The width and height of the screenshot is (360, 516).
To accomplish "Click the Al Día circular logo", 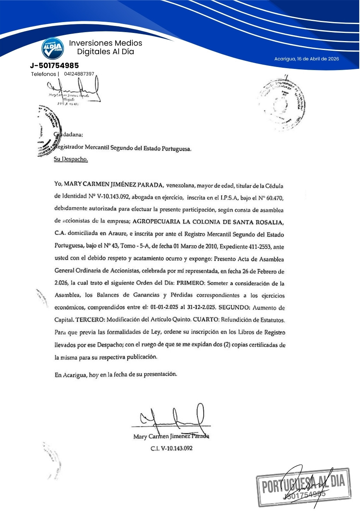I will click(x=53, y=48).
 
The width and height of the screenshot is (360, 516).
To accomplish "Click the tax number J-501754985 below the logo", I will click(x=54, y=65).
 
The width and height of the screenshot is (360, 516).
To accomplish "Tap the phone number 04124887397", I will click(x=79, y=74).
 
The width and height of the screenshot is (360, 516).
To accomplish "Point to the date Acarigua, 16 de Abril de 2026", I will click(x=307, y=59).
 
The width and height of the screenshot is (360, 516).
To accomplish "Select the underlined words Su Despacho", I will click(x=71, y=159).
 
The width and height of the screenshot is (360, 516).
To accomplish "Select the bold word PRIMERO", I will click(x=190, y=283).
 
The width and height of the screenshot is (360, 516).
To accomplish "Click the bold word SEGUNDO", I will click(x=234, y=308).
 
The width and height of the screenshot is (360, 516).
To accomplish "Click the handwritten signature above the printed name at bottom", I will click(x=172, y=419).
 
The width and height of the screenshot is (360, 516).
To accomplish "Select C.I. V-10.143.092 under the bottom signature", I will click(x=171, y=448).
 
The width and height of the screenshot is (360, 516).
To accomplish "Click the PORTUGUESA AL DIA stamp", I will click(x=304, y=487).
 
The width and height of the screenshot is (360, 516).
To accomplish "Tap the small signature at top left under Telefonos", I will click(x=74, y=91).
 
